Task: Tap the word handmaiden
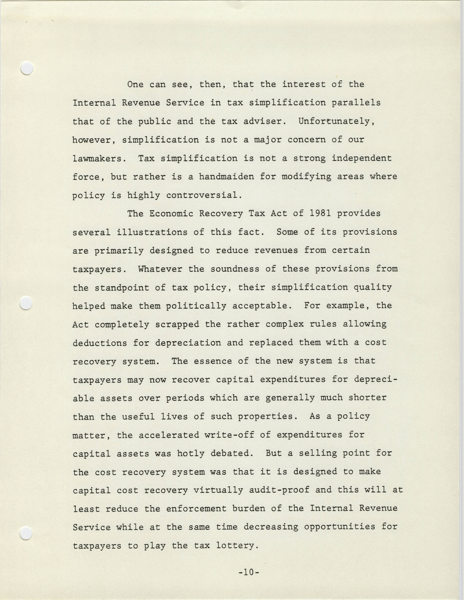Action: [x=227, y=176]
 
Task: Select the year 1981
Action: [x=320, y=214]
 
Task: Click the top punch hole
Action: [x=27, y=68]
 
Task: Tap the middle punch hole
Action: [x=26, y=303]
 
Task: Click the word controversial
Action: [x=204, y=195]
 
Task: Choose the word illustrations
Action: [x=152, y=232]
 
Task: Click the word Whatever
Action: [x=160, y=269]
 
